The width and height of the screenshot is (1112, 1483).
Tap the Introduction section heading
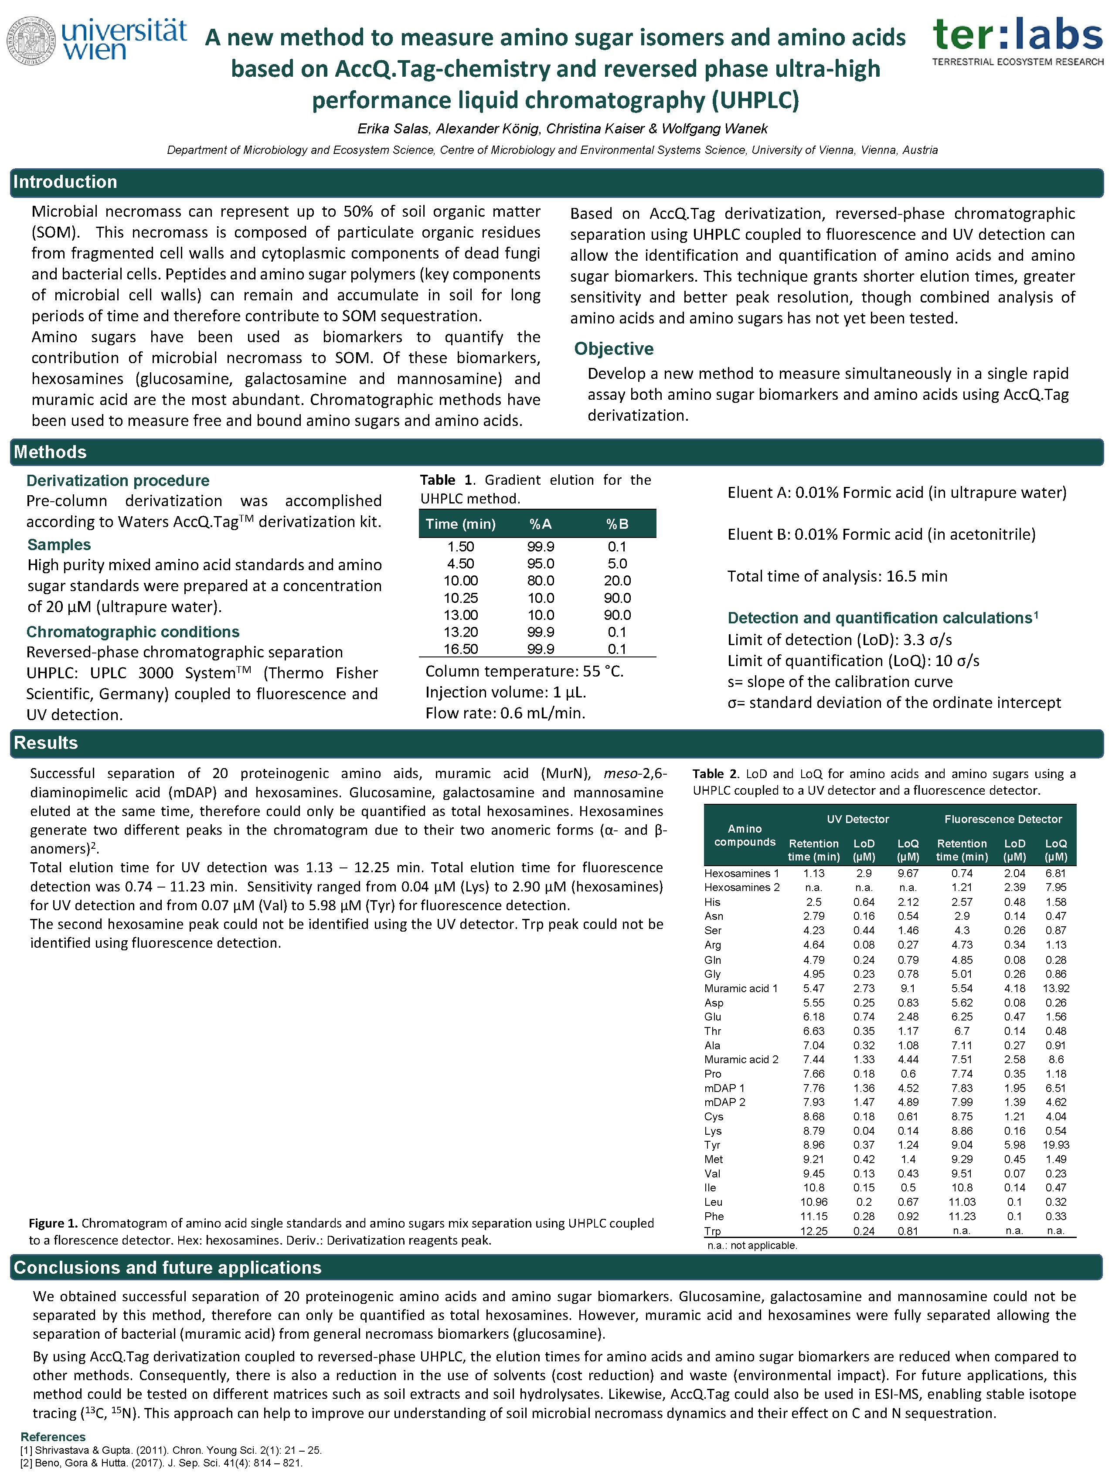tap(65, 182)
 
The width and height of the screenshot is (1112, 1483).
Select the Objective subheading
tap(613, 349)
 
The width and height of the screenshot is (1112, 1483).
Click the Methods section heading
tap(50, 452)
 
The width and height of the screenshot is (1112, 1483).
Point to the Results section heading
tap(46, 743)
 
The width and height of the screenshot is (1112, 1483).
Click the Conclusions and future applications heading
tap(167, 1268)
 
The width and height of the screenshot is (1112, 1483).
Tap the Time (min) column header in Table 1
tap(460, 524)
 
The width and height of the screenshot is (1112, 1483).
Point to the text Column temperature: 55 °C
tap(524, 672)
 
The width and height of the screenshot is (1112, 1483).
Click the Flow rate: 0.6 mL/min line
tap(505, 713)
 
